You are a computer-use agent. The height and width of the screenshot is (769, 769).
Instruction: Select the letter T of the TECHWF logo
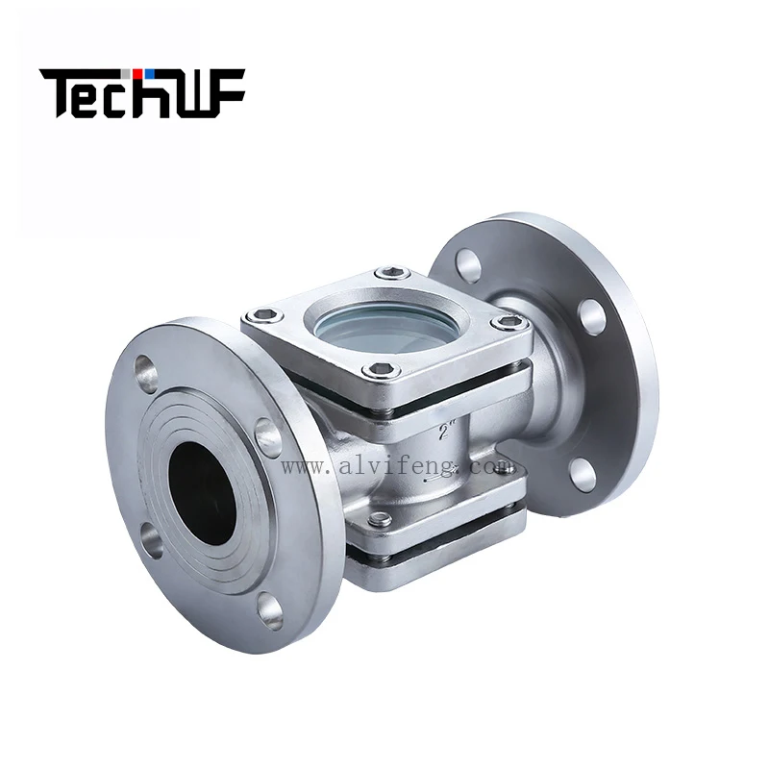pyautogui.click(x=59, y=92)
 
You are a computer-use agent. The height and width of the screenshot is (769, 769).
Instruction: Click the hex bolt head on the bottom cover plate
pyautogui.click(x=381, y=520)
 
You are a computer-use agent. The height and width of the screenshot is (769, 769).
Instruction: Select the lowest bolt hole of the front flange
pyautogui.click(x=270, y=608)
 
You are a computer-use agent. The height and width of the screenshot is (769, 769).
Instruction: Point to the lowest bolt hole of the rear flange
pyautogui.click(x=580, y=471)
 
